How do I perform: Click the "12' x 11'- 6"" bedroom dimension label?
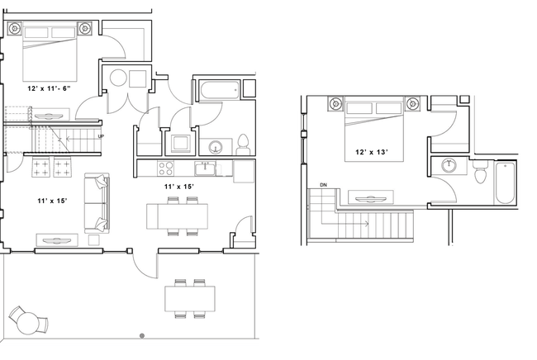tap(50, 88)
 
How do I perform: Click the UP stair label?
tap(101, 136)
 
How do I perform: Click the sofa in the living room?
tap(97, 203)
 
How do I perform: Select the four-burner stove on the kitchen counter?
tap(165, 169)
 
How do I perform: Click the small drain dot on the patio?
tap(142, 335)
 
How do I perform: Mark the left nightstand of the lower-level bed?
tap(16, 30)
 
